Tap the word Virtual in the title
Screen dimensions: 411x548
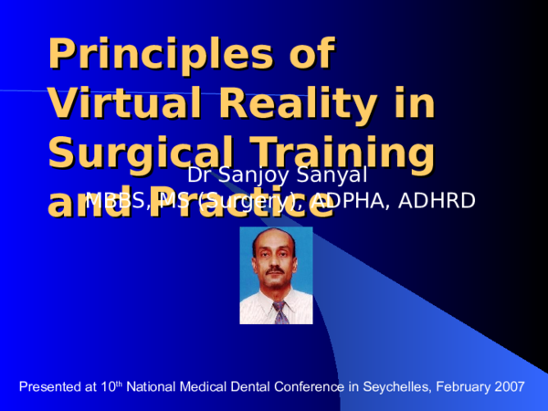[x=124, y=103]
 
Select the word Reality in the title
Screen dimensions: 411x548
[x=301, y=103]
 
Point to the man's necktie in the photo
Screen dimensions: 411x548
[x=279, y=311]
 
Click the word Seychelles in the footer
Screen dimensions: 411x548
[x=396, y=387]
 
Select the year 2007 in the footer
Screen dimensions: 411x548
[x=509, y=387]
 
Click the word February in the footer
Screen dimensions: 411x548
[x=462, y=387]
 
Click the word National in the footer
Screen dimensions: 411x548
[x=151, y=387]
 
